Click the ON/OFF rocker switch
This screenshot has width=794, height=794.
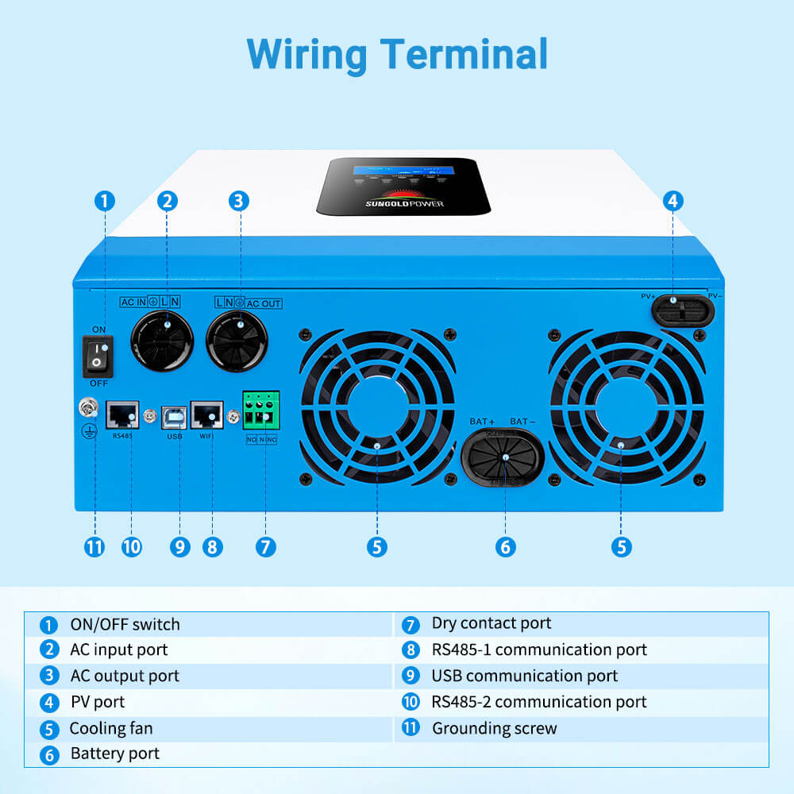click(x=98, y=355)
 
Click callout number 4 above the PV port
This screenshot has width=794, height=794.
click(x=673, y=200)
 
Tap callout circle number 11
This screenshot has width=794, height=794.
click(x=94, y=547)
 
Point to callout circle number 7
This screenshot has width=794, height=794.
click(x=266, y=547)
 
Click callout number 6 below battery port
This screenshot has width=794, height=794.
click(x=505, y=547)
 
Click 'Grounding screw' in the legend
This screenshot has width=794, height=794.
click(x=494, y=728)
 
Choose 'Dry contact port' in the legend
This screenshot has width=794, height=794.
click(x=491, y=623)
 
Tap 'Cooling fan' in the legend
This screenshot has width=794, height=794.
click(x=111, y=728)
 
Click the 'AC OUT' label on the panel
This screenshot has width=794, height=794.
click(x=264, y=303)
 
